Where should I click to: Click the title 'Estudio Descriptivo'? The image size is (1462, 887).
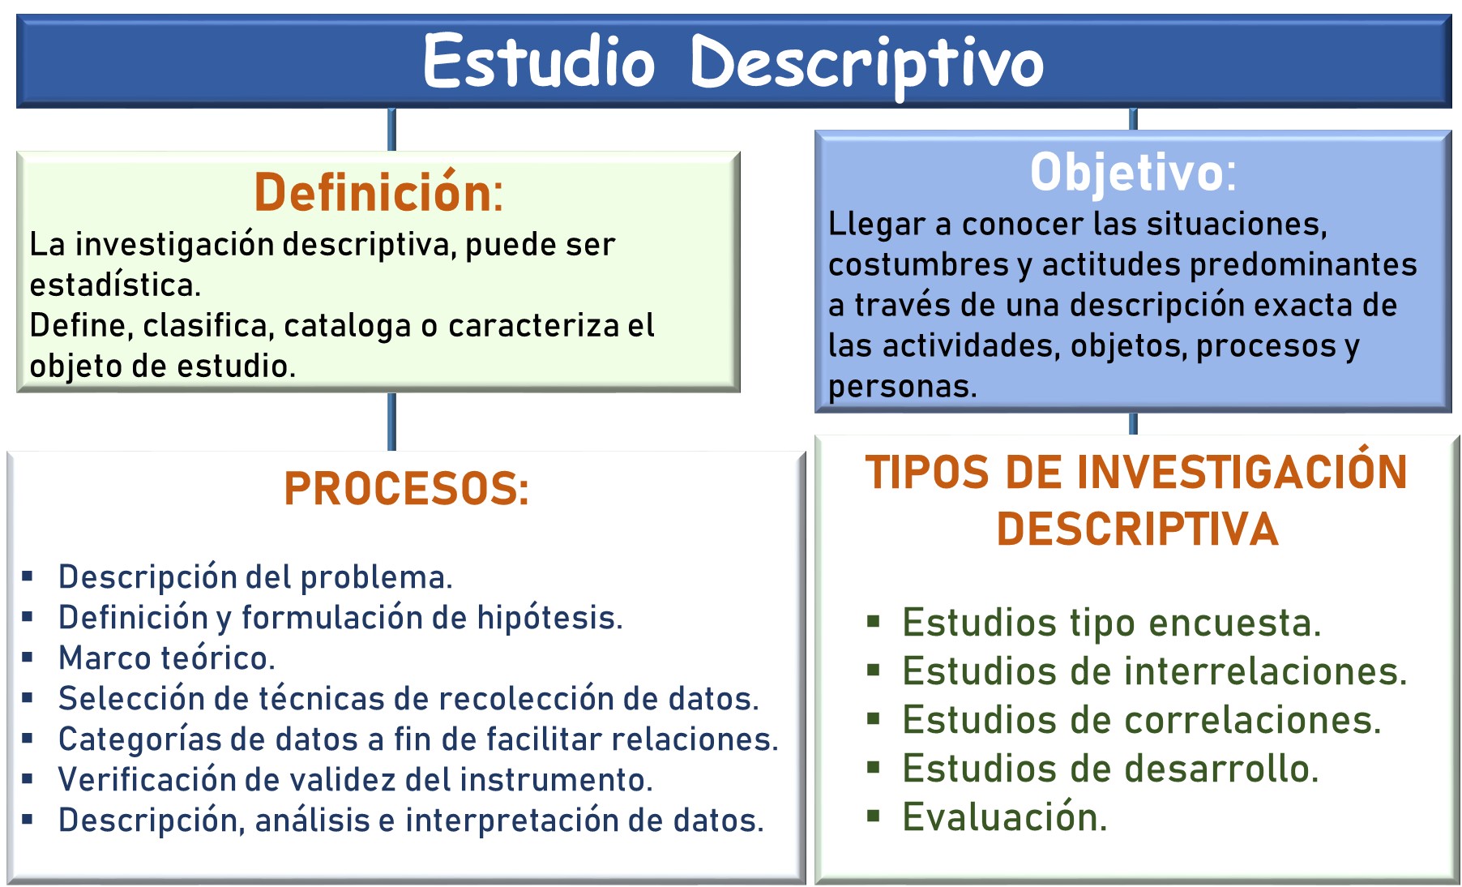point(733,63)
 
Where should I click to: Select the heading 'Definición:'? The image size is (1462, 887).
point(378,192)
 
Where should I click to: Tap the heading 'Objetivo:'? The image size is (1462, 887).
point(1133,172)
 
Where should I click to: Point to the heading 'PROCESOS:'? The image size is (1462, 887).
point(406,488)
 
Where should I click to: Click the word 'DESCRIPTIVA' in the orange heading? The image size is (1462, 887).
point(1137,529)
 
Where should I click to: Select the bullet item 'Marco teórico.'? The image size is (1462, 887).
point(167,658)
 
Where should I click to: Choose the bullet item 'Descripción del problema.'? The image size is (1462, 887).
point(255,576)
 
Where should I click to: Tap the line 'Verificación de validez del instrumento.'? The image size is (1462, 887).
point(356,779)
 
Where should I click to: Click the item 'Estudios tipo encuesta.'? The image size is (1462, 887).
point(1112,623)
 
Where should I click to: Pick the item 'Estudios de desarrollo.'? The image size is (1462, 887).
point(1110,769)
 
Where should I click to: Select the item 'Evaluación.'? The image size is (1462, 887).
point(1005,816)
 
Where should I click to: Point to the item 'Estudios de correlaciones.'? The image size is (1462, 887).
point(1142,720)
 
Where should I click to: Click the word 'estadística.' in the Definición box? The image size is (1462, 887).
point(115,285)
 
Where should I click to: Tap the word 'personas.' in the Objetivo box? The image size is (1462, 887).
point(902,387)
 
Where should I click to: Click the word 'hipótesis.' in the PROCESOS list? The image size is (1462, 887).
point(549,618)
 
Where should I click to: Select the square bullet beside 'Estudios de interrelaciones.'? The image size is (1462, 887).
point(873,671)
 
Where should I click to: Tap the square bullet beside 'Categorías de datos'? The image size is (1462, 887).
point(28,738)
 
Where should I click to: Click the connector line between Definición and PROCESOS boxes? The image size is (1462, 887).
point(392,422)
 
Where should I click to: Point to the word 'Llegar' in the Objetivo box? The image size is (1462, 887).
point(876,225)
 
